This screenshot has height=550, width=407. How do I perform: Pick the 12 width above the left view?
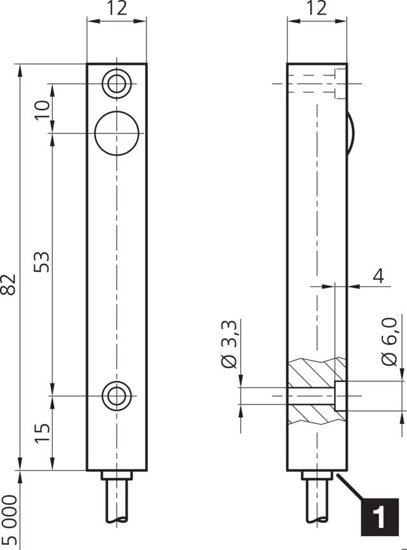pyautogui.click(x=117, y=9)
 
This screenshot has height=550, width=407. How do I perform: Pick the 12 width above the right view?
pyautogui.click(x=317, y=9)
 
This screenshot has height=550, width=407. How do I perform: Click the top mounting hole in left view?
pyautogui.click(x=117, y=83)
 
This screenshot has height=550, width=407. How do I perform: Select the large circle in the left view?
pyautogui.click(x=117, y=132)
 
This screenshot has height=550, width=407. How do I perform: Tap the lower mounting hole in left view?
pyautogui.click(x=117, y=395)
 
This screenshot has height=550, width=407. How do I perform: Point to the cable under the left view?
pyautogui.click(x=117, y=502)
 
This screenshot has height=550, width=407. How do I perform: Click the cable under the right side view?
pyautogui.click(x=317, y=502)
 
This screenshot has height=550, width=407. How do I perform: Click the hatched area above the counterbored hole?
pyautogui.click(x=317, y=371)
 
